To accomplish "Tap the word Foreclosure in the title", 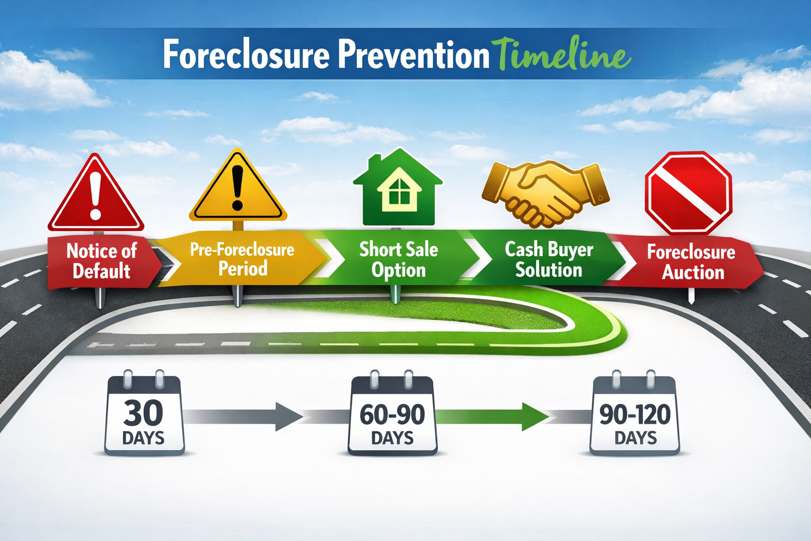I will [x=246, y=54].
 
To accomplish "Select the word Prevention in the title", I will [x=414, y=54].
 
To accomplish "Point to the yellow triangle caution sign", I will [x=238, y=189].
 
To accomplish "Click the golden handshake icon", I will [x=545, y=191].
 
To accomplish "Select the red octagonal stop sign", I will [x=688, y=193].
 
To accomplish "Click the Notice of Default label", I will [x=101, y=260].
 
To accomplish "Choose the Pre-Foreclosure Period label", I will [x=242, y=259].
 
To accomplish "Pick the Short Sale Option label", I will [x=399, y=259].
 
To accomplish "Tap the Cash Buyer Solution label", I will [x=549, y=259].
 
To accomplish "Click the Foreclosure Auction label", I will [x=692, y=262].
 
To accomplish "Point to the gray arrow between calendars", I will [x=243, y=416].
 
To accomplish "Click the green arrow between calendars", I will [x=491, y=416].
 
